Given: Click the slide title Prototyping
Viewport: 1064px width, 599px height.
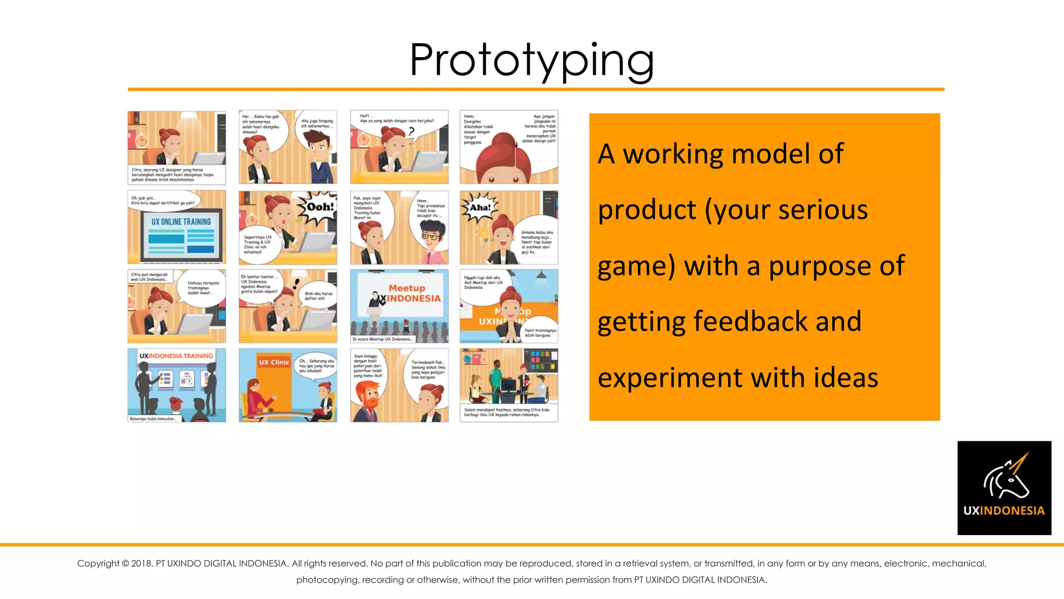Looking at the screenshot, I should tap(531, 60).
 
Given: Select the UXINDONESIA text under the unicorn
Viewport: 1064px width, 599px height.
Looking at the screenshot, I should tap(1004, 511).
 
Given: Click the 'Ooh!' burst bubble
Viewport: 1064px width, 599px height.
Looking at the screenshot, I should tap(320, 207).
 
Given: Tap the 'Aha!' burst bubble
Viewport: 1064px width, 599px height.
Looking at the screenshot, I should tap(480, 207).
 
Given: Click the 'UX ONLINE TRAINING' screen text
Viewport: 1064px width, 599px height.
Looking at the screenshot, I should tap(181, 222).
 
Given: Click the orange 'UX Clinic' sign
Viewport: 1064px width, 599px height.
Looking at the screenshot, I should tap(274, 362).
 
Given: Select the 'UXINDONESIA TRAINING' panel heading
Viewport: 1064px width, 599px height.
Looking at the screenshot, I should tap(176, 356).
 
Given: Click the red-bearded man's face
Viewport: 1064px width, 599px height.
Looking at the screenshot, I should tap(369, 396).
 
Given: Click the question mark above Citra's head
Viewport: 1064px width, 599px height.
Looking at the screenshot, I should tap(411, 132).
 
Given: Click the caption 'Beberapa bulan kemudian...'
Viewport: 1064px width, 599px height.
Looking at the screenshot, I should tap(153, 419).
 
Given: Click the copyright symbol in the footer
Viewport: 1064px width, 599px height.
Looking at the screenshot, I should tap(125, 564).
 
